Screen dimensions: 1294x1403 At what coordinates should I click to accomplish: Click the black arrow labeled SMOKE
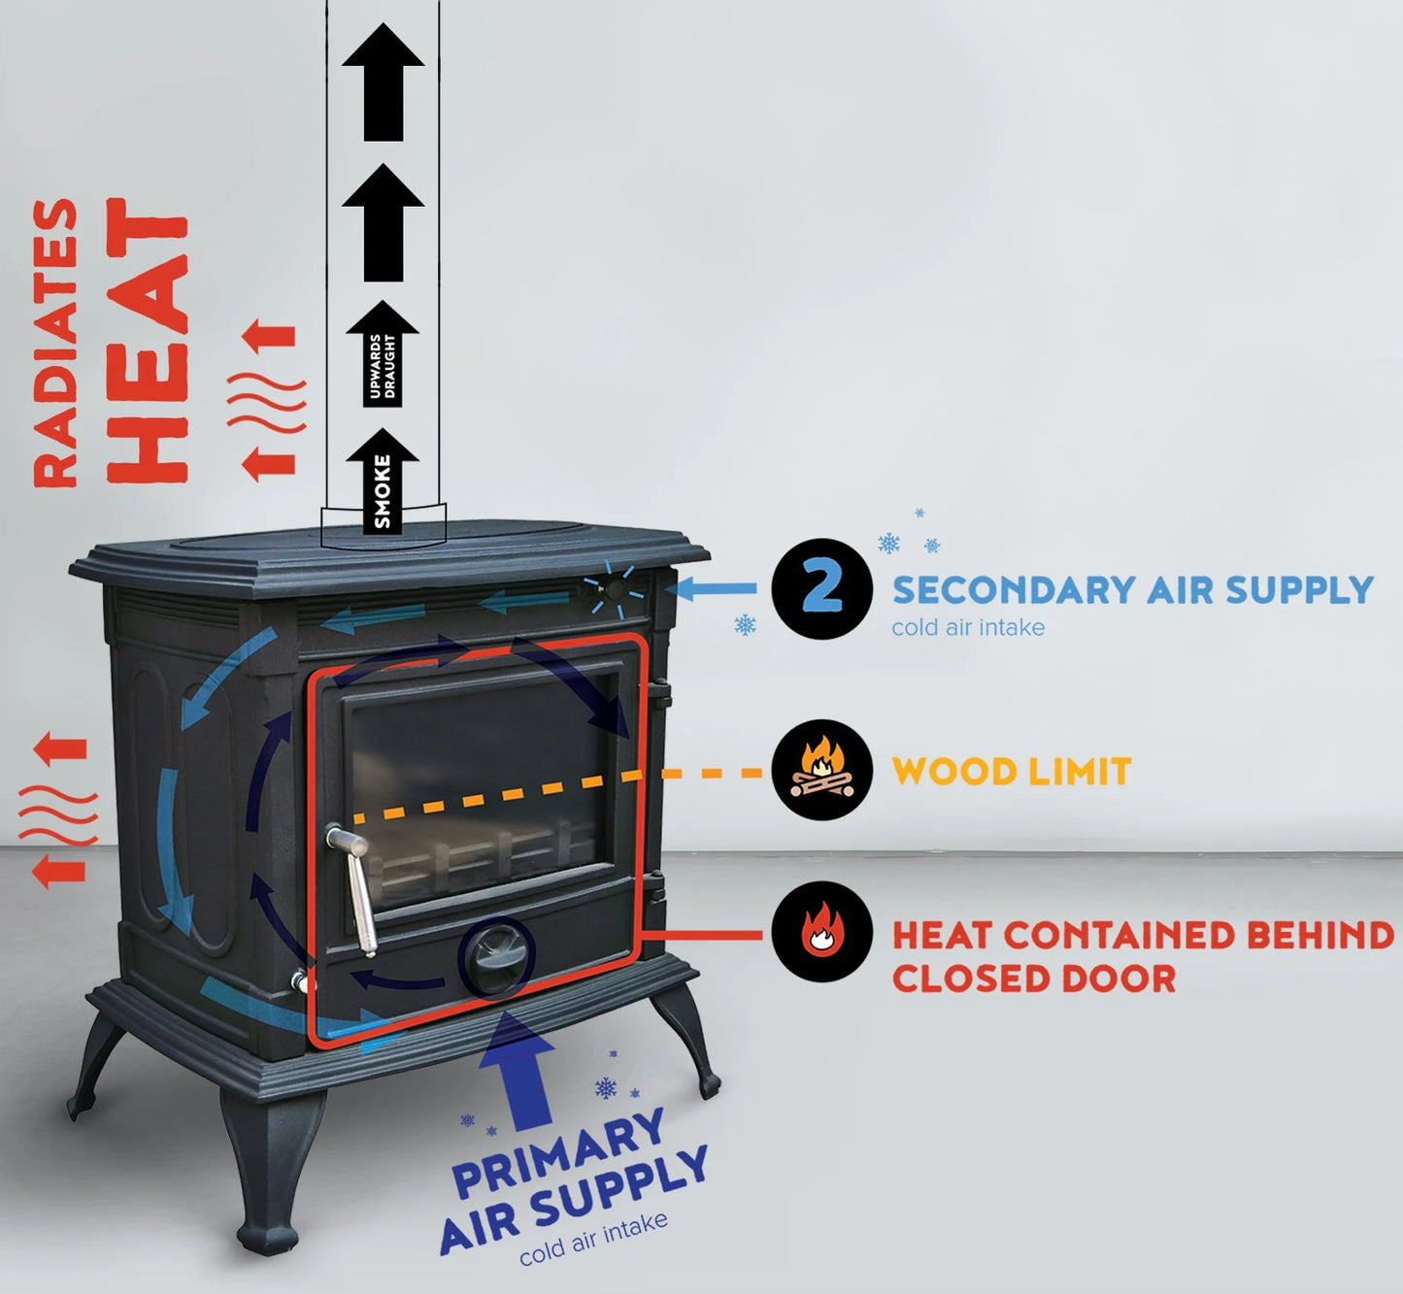383,482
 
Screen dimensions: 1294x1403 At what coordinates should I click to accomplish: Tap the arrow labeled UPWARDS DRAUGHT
383,359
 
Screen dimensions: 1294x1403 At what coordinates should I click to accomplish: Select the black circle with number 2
821,589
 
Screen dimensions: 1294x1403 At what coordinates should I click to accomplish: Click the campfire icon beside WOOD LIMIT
821,770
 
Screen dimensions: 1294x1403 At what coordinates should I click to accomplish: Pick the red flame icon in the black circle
821,933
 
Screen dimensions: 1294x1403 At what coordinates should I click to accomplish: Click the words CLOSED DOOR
1033,979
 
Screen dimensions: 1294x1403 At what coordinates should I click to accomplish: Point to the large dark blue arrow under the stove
524,1068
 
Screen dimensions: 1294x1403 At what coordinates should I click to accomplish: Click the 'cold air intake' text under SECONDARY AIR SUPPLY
968,627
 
